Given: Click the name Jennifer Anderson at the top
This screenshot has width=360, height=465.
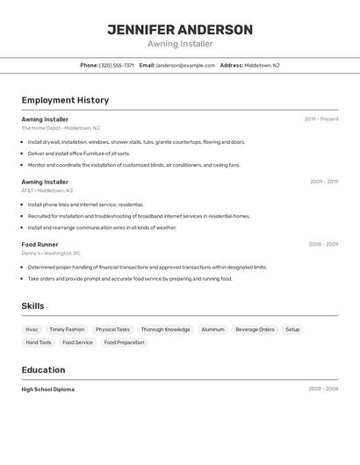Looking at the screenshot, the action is click(x=180, y=30).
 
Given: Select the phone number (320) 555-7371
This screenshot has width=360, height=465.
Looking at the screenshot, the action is click(x=117, y=65).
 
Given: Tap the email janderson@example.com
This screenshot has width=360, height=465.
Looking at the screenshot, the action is click(x=185, y=65).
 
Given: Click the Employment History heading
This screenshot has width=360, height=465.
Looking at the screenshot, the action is click(x=65, y=100).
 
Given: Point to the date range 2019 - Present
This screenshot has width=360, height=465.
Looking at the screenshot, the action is click(x=321, y=119).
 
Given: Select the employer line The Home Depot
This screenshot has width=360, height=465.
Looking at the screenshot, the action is click(x=61, y=128).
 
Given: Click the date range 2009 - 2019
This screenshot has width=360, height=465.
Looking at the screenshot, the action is click(x=324, y=182).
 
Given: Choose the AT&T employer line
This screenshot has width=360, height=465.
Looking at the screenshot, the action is click(x=47, y=190).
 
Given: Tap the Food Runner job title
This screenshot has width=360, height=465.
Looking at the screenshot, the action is click(x=40, y=245).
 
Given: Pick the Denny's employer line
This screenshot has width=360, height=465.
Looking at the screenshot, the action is click(x=57, y=254).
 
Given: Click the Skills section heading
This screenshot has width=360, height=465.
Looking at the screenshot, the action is click(x=33, y=305).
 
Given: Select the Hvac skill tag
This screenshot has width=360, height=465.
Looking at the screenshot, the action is click(x=32, y=330).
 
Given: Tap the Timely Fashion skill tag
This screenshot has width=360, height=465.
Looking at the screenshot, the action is click(x=67, y=330).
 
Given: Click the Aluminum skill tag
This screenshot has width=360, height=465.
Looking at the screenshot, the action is click(x=212, y=330).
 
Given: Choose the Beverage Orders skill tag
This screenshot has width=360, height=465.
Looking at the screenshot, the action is click(x=255, y=330).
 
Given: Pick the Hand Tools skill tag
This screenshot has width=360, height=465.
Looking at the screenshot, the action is click(x=39, y=343).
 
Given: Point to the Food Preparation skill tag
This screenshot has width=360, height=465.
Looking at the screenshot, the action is click(x=124, y=343).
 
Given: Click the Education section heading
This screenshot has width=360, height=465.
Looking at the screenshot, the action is click(x=43, y=370).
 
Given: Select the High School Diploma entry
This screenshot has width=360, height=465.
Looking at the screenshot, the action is click(x=48, y=390).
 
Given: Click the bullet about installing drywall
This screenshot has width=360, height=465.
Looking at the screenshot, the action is click(x=136, y=142).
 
